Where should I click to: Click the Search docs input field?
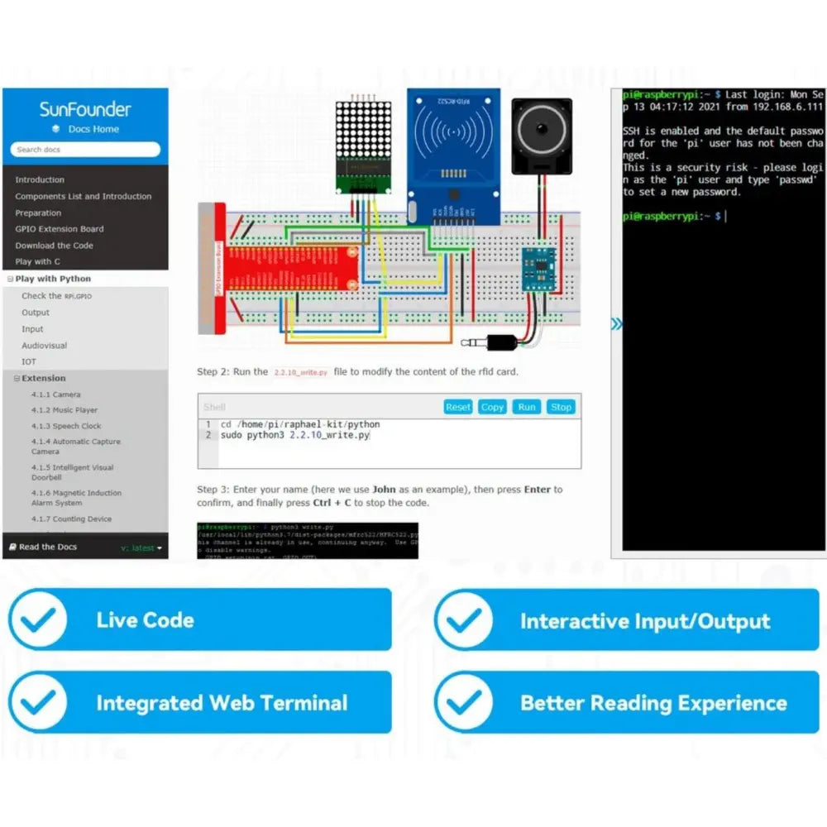click(x=85, y=150)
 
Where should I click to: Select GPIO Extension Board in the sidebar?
click(x=60, y=229)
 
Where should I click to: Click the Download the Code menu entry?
click(x=55, y=246)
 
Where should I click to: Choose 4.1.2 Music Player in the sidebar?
click(x=65, y=410)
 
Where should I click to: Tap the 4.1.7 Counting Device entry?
click(x=71, y=519)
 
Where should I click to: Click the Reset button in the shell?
click(x=457, y=407)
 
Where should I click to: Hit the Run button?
click(x=527, y=407)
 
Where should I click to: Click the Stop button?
click(x=561, y=407)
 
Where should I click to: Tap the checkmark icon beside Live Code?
click(x=38, y=620)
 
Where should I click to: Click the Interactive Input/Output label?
click(x=644, y=621)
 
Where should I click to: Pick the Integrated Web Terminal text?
click(x=222, y=704)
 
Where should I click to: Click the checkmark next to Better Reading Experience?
click(x=463, y=703)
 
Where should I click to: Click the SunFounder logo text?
click(x=85, y=109)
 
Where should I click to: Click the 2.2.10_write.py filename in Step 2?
click(x=300, y=373)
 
